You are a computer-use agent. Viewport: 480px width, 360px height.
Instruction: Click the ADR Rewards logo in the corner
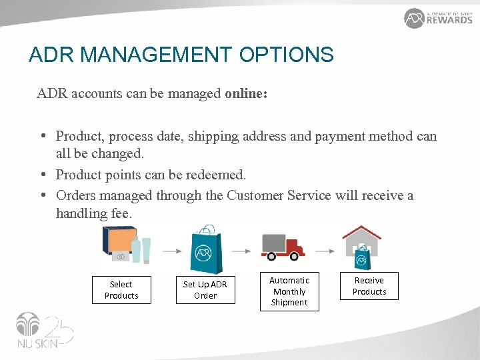click(x=438, y=18)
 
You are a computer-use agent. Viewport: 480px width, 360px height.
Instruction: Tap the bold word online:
click(x=246, y=93)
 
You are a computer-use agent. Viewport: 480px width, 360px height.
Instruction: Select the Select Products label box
click(x=121, y=290)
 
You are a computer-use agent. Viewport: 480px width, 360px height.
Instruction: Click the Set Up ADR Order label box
click(x=205, y=290)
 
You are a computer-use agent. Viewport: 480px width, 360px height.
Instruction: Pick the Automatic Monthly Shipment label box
click(x=289, y=292)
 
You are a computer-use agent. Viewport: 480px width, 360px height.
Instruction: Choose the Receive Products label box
click(x=369, y=286)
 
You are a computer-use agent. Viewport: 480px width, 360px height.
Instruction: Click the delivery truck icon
click(x=283, y=246)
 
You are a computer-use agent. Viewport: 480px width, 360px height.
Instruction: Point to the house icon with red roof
click(x=361, y=244)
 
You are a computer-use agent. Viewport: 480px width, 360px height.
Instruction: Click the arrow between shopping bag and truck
click(x=243, y=251)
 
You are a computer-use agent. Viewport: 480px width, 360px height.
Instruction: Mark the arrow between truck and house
click(x=325, y=251)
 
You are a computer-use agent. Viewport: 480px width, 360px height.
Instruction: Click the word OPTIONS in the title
click(x=290, y=55)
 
